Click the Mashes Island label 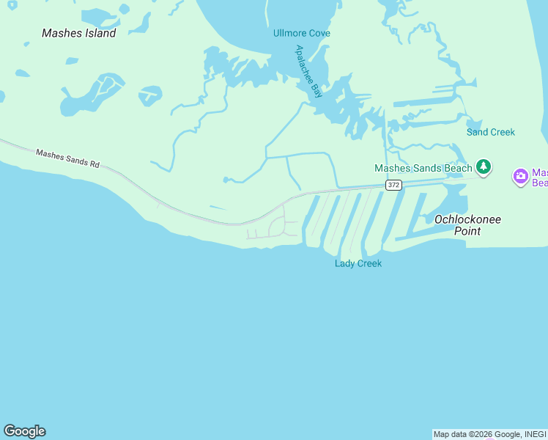(x=79, y=33)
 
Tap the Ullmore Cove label (x=301, y=33)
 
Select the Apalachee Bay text (x=308, y=71)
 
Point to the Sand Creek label (x=491, y=132)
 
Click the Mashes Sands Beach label (x=423, y=168)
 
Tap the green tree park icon (x=483, y=167)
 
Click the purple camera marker (x=521, y=176)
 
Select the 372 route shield (x=394, y=185)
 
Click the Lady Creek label (x=358, y=263)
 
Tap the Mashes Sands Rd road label (x=67, y=158)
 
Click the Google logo (x=24, y=431)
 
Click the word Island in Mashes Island (x=100, y=33)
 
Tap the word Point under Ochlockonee (x=467, y=231)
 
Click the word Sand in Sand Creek (x=477, y=132)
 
